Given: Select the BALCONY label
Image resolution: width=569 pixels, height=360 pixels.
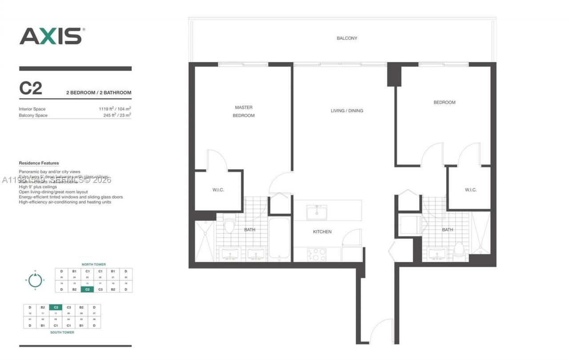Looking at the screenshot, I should tap(347, 38).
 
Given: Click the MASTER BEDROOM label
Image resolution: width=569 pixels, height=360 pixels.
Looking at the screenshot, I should tap(244, 111).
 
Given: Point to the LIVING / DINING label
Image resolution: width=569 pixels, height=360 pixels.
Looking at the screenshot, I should tap(347, 111).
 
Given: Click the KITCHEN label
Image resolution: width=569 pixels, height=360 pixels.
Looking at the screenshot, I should tap(322, 232).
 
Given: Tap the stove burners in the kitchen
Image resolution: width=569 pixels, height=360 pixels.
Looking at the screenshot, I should tap(317, 254).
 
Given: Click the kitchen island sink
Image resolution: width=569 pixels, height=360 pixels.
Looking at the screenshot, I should tap(317, 212).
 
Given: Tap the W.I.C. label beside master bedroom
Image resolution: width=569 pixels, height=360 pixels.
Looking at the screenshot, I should tap(218, 190).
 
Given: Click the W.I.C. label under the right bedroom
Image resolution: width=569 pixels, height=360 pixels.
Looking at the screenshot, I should tap(471, 190).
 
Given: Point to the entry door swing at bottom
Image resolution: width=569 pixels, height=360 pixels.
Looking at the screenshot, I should tap(382, 331).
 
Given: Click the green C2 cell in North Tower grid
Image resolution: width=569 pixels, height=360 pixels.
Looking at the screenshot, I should tap(87, 289).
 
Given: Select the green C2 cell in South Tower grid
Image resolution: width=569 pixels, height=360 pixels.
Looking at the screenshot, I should tap(56, 307).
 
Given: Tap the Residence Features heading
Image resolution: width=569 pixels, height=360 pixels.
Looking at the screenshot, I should tap(39, 163).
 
